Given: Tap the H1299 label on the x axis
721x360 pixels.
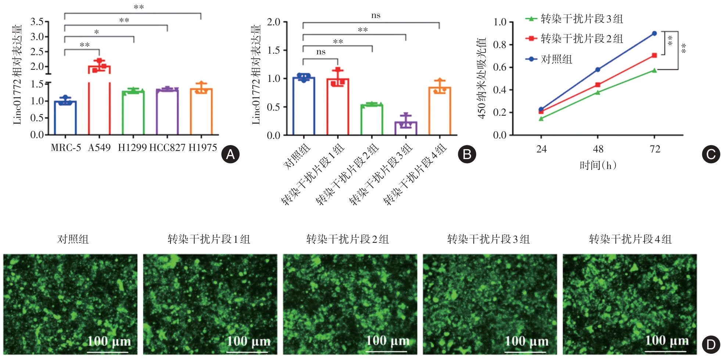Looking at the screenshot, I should [x=132, y=148].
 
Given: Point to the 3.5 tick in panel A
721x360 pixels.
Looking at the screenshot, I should [x=37, y=22].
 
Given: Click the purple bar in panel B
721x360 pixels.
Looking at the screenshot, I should [x=406, y=128].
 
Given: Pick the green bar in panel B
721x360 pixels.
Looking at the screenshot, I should [x=372, y=120].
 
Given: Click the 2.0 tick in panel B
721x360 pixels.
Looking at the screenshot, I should [x=274, y=22].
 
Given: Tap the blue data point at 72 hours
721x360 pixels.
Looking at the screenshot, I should [x=654, y=33].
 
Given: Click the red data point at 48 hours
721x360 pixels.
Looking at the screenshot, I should [x=598, y=85].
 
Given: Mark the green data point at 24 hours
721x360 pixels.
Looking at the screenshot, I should [x=541, y=119].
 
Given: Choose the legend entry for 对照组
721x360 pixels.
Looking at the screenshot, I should [x=556, y=59].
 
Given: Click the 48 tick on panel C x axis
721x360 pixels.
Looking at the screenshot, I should [x=598, y=149].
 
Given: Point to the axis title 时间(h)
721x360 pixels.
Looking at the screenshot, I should [x=598, y=165].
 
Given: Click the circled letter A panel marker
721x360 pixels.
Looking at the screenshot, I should [x=230, y=154].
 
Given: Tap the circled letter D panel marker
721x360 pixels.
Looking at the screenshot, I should [x=711, y=345].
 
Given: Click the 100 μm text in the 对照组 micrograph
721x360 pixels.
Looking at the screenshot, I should [x=109, y=341].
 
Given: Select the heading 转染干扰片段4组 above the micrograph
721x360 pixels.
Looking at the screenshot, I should [x=630, y=240].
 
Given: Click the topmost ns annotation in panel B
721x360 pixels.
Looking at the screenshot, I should [x=376, y=15].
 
